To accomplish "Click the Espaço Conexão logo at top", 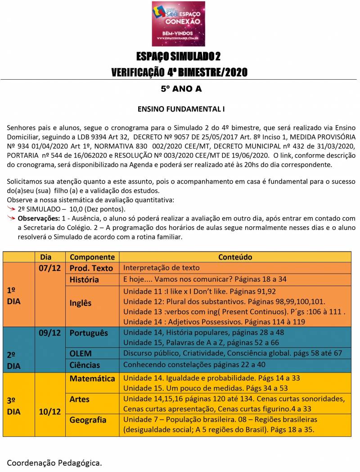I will [178, 23].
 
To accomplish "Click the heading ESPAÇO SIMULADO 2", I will [179, 57].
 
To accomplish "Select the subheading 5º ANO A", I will [181, 89].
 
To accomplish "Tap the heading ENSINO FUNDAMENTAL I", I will [181, 109].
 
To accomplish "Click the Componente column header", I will [92, 257].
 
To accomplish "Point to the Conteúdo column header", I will [235, 257].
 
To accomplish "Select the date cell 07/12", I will [50, 268].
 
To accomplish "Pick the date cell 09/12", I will [50, 333].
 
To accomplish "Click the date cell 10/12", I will [50, 411].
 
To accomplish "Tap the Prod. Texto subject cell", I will [91, 268].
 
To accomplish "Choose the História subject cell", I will [84, 279].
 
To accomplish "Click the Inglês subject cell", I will [81, 303].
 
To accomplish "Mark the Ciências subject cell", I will [85, 365].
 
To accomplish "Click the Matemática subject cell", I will [92, 378].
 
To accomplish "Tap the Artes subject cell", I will [80, 399].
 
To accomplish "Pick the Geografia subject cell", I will [88, 420].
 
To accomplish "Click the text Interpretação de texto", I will [161, 268].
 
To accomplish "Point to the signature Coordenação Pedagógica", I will [54, 462].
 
